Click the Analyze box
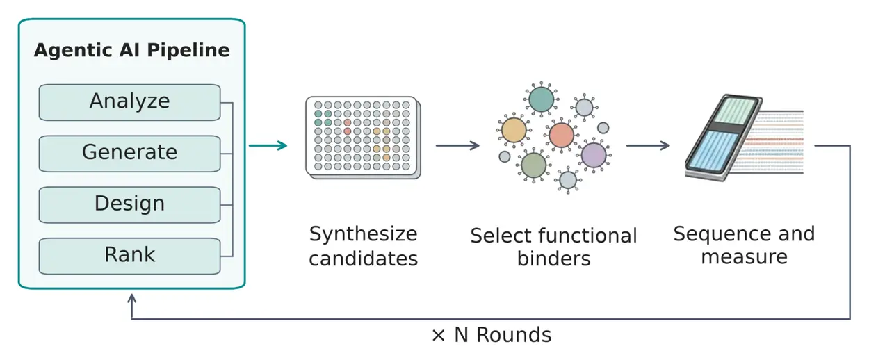tap(129, 102)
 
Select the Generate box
tap(129, 154)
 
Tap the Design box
tap(129, 205)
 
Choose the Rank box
tap(129, 256)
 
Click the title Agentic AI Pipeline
tap(132, 51)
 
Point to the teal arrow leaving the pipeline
tap(268, 145)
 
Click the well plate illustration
tap(363, 138)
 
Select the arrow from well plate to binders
tap(457, 145)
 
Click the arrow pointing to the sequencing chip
tap(648, 145)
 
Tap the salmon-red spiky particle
tap(561, 135)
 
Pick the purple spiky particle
tap(594, 155)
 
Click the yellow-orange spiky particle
tap(514, 131)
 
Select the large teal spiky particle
tap(541, 99)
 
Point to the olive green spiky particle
tap(533, 165)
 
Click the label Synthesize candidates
tap(363, 246)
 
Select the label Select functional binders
tap(553, 247)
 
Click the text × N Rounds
tap(491, 335)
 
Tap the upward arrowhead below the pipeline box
tap(132, 298)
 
